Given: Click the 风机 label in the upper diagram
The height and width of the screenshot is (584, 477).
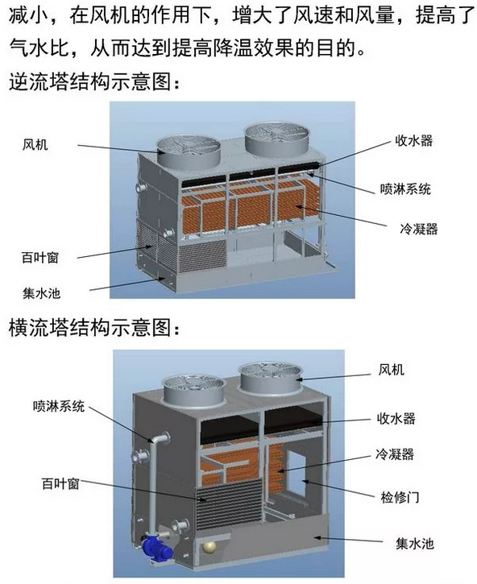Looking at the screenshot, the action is tap(35, 144).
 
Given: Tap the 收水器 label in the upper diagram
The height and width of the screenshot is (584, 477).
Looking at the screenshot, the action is tap(413, 141).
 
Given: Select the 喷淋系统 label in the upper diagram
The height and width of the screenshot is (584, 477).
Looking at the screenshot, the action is tap(405, 188).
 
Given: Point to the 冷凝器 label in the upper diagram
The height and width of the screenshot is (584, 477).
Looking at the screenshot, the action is tap(419, 229).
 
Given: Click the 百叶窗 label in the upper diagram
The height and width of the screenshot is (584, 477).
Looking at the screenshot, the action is tap(40, 258).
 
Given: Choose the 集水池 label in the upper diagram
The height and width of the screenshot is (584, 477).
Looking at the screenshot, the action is tap(41, 293).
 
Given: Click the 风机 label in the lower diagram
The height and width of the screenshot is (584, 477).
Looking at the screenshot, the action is tap(392, 370).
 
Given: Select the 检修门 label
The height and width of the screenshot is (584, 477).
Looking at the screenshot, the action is tap(400, 497).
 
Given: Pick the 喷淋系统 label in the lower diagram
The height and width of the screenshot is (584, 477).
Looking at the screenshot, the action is tap(59, 406).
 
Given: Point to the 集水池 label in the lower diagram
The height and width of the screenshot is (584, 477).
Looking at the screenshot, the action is tap(415, 544).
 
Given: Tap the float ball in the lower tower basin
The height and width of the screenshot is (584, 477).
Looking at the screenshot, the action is tap(209, 548).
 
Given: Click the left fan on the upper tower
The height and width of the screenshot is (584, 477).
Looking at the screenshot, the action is tap(188, 151).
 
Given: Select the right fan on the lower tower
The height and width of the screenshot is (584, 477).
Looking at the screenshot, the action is tap(271, 378).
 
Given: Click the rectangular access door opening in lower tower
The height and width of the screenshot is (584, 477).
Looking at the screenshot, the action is tap(297, 467).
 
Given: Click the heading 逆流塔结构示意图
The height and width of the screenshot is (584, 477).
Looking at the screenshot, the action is tap(94, 81).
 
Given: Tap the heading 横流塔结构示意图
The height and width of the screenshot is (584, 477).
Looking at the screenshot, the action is tap(94, 328).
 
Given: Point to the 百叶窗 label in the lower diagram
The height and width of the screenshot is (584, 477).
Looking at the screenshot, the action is tap(60, 483).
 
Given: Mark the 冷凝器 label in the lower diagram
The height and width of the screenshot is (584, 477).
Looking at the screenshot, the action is tap(395, 454).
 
